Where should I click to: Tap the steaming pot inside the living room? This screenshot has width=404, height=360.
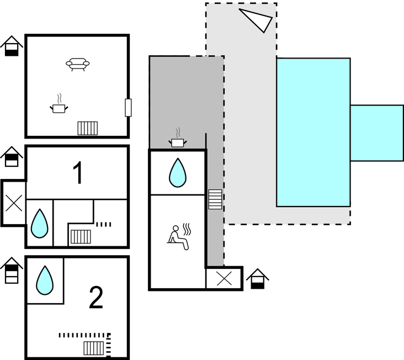[59, 106]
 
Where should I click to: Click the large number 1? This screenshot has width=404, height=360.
[78, 173]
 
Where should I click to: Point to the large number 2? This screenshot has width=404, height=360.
[96, 299]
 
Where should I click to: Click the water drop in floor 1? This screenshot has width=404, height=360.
[39, 223]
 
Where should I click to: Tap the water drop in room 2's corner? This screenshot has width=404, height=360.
[45, 280]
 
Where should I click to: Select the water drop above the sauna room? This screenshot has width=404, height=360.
[177, 172]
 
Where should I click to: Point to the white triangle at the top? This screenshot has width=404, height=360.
[257, 19]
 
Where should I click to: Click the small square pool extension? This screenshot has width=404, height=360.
[376, 133]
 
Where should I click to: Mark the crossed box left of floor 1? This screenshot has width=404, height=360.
[14, 203]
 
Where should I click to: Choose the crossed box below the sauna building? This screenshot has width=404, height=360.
[224, 278]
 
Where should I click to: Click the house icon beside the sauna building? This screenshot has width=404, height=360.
[257, 279]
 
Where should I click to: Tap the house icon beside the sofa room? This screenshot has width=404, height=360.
[12, 46]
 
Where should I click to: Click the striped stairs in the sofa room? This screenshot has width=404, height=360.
[88, 129]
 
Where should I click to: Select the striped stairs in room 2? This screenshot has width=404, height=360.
[94, 348]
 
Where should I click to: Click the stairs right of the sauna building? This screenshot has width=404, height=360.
[215, 199]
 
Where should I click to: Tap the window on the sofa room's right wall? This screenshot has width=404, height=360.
[128, 108]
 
